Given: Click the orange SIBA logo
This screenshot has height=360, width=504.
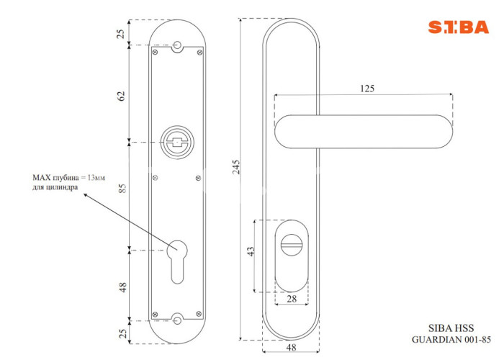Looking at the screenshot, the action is pyautogui.click(x=458, y=27).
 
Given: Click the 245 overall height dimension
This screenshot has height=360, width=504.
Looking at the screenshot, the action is pyautogui.click(x=236, y=167).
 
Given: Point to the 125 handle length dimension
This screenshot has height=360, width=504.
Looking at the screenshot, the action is pyautogui.click(x=367, y=89).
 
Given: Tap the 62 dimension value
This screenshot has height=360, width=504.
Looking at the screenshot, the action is pyautogui.click(x=121, y=96).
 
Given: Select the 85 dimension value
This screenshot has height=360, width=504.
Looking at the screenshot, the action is pyautogui.click(x=122, y=188).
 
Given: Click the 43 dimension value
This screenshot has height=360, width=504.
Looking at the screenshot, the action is pyautogui.click(x=251, y=251).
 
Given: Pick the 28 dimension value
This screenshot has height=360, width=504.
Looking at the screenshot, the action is pyautogui.click(x=292, y=300).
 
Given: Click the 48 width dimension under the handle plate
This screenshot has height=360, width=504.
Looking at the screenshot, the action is pyautogui.click(x=291, y=348).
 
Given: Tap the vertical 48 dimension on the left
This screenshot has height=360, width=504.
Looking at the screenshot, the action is pyautogui.click(x=123, y=287).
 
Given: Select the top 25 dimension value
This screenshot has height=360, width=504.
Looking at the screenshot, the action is pyautogui.click(x=120, y=34).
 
